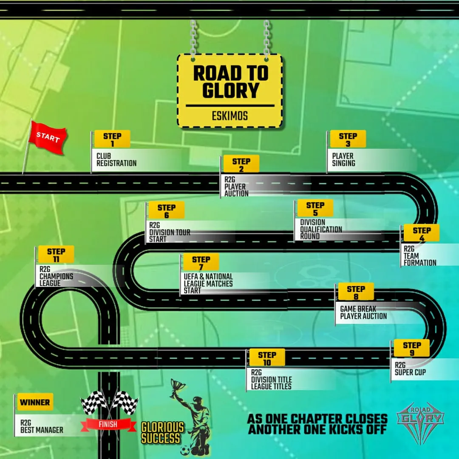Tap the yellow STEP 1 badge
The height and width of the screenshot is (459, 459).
point(112,139)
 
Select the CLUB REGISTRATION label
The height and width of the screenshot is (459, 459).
point(116,159)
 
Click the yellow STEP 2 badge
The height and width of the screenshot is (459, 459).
point(241,164)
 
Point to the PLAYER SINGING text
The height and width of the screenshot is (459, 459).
point(343,159)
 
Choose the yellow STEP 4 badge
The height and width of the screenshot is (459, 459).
point(421,233)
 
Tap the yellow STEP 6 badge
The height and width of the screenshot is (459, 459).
point(166,211)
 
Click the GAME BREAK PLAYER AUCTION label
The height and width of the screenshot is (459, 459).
point(363,312)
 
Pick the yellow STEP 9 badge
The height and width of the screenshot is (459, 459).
point(411,348)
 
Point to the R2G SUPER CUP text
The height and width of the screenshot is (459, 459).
point(410,368)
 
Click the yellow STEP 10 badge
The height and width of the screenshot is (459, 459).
point(267,358)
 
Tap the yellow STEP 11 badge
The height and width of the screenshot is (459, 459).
point(56,255)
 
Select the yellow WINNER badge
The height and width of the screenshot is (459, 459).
point(35,402)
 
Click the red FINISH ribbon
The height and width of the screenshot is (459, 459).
point(108,424)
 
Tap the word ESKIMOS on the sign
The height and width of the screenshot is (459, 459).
point(229,116)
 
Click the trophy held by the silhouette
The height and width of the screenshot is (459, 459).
point(177,386)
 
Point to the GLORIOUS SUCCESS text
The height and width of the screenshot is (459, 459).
point(162,433)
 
